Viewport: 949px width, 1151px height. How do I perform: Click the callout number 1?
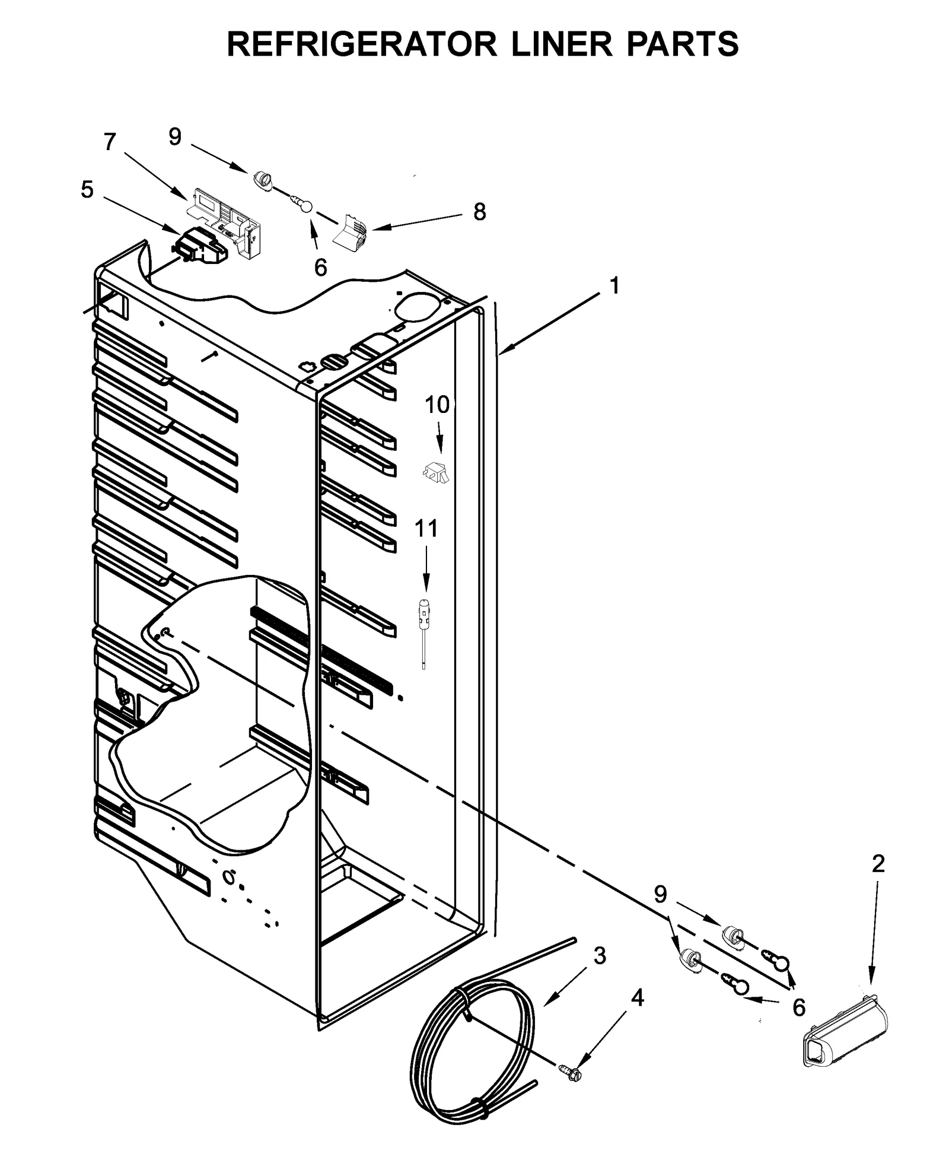click(x=614, y=286)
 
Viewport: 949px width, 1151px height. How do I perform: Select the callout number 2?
click(x=878, y=864)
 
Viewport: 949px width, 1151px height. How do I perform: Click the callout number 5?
click(x=87, y=190)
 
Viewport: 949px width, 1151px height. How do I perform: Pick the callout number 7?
click(x=110, y=142)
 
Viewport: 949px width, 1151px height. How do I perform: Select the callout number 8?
click(x=479, y=212)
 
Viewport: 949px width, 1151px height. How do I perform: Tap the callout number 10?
click(x=437, y=405)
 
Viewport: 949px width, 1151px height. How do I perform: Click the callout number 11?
click(x=426, y=528)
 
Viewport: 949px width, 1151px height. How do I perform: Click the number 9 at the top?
click(x=174, y=137)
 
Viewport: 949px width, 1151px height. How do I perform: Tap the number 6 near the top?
click(x=320, y=268)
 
